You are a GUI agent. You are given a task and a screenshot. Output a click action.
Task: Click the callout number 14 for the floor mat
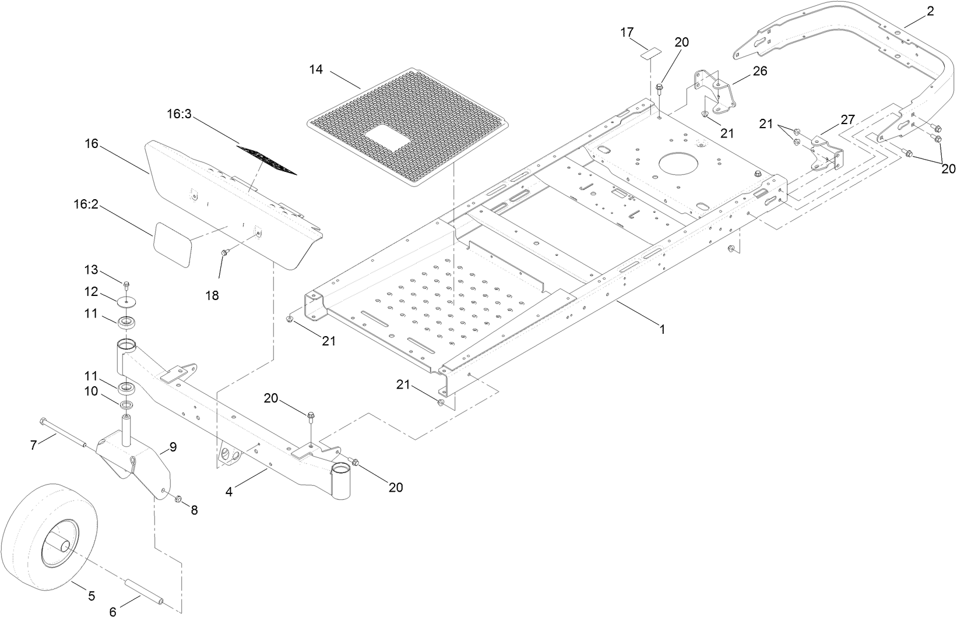click(315, 69)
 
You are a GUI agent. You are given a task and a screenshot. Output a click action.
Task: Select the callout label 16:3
click(179, 114)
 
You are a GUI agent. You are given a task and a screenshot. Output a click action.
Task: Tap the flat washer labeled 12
click(126, 302)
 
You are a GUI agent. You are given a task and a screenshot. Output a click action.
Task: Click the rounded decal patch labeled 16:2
click(172, 239)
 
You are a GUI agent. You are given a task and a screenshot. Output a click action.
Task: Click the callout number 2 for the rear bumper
click(930, 10)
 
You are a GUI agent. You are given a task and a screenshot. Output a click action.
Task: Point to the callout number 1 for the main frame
click(662, 329)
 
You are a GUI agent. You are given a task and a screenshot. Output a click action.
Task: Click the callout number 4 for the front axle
click(229, 492)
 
